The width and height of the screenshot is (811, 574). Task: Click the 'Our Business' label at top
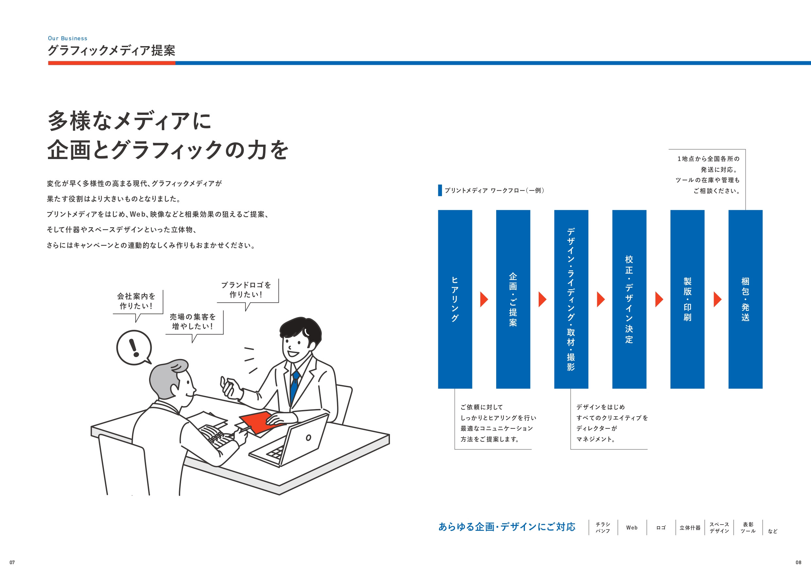[67, 38]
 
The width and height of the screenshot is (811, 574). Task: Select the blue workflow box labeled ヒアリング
[455, 299]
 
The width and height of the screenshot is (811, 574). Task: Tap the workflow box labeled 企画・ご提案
[513, 299]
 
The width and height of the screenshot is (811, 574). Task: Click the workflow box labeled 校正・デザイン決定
[629, 299]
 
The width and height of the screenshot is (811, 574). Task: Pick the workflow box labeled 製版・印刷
[687, 299]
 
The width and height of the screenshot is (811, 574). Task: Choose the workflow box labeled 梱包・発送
[745, 299]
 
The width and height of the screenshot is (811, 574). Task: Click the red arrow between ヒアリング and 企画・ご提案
[483, 299]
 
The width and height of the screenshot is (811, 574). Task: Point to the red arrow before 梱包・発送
[717, 299]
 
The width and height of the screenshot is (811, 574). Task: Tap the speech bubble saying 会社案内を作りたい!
[137, 301]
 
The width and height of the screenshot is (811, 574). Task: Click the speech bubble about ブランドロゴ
[246, 290]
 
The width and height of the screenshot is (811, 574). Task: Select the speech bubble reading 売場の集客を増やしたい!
[193, 321]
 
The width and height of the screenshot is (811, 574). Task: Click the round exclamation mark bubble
[134, 347]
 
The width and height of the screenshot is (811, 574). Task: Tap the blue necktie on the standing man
[294, 386]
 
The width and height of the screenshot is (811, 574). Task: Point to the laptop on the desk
[293, 442]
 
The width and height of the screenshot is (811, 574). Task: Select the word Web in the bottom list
[632, 527]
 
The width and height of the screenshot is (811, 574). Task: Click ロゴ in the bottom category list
[661, 527]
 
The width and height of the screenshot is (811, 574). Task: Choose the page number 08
[798, 562]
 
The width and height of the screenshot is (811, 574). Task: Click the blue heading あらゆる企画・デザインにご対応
[507, 527]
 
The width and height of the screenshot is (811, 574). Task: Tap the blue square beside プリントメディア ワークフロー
[440, 190]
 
